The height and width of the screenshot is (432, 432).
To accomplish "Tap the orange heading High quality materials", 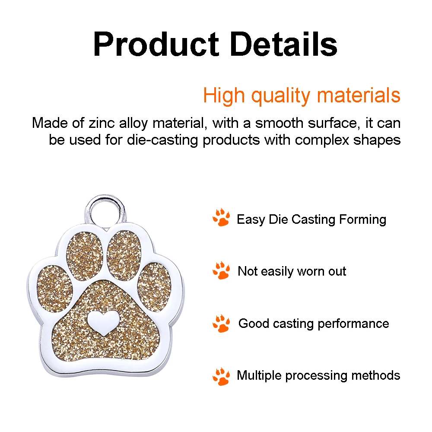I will tap(302, 95).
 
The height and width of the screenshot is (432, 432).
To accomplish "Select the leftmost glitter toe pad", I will tap(54, 288).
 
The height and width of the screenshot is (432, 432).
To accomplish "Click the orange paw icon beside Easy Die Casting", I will tap(221, 218).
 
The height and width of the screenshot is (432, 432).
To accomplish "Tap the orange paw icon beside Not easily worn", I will tap(221, 270).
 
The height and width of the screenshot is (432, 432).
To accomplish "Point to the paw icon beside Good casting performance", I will tap(221, 323).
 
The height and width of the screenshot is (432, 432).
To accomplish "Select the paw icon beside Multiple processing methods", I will tap(221, 376).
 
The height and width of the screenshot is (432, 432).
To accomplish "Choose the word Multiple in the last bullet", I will tap(259, 375).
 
